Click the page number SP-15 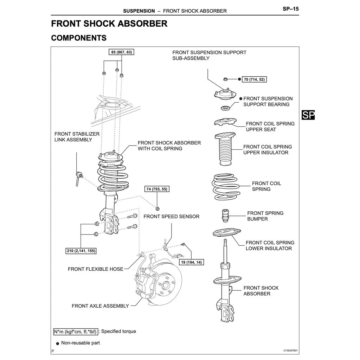tap(291, 8)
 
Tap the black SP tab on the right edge tap(308, 115)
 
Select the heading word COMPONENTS tap(79, 38)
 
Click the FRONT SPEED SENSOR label tap(171, 216)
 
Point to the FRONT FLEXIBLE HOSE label tap(95, 269)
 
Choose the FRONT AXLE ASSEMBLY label tap(100, 306)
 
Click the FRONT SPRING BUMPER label tap(265, 216)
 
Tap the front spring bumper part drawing tap(224, 216)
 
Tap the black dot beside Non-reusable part tap(57, 343)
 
